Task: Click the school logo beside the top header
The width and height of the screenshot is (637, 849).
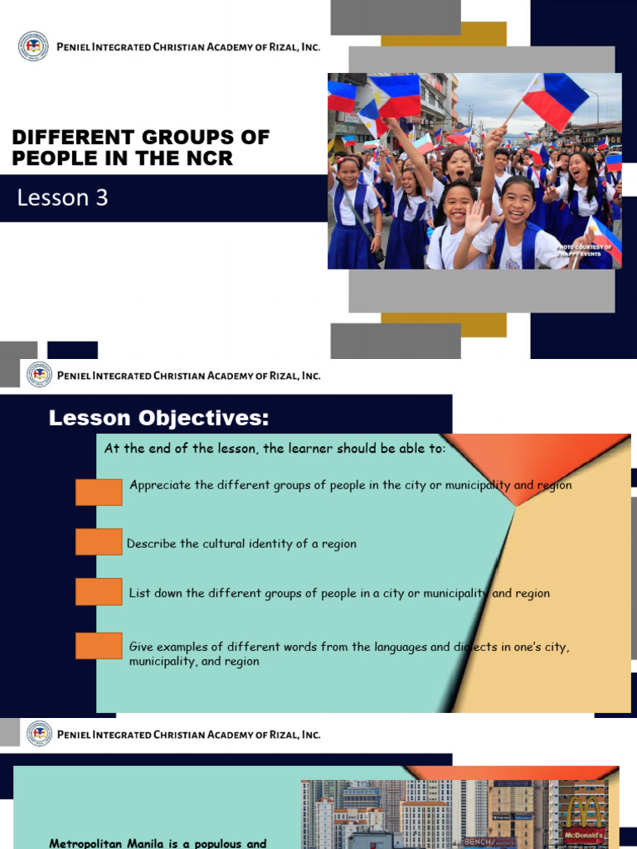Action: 33,46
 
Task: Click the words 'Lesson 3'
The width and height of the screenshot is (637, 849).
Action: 64,198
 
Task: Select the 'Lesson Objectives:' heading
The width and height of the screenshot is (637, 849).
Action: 158,419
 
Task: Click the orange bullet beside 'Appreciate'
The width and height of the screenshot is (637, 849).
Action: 99,492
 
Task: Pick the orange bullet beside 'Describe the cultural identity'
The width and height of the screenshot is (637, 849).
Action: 99,542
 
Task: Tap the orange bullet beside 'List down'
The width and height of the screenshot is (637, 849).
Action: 99,592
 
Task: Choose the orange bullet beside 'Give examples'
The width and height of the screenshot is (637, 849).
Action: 99,646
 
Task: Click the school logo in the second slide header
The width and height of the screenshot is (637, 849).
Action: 39,376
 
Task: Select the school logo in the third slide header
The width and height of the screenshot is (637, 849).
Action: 39,734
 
